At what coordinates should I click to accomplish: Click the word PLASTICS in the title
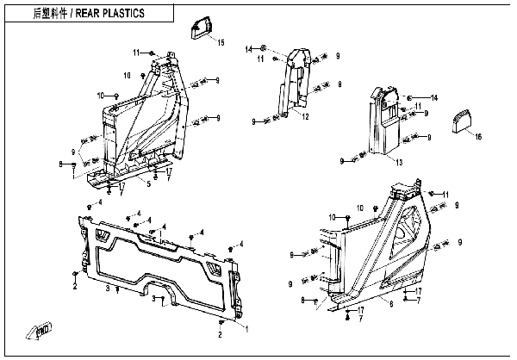[x=117, y=14]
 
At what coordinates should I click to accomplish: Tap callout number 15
[x=220, y=42]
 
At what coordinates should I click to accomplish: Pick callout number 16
[x=479, y=136]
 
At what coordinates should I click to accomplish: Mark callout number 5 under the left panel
[x=148, y=183]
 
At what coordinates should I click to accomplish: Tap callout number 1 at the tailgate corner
[x=248, y=328]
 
